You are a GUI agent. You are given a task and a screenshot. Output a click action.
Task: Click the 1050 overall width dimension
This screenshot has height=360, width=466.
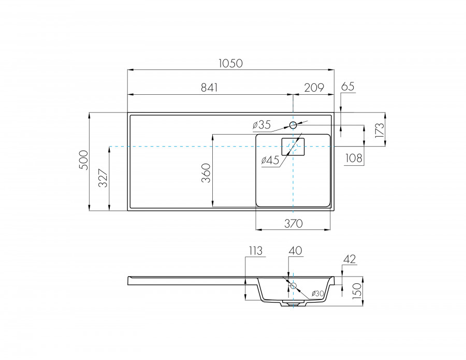pyautogui.click(x=230, y=63)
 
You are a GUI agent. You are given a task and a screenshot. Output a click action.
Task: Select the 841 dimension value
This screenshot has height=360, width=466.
pyautogui.click(x=210, y=88)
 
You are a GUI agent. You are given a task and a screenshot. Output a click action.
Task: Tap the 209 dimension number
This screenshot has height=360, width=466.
pyautogui.click(x=314, y=88)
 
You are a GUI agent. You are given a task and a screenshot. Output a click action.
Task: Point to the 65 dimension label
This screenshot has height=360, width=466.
pyautogui.click(x=348, y=87)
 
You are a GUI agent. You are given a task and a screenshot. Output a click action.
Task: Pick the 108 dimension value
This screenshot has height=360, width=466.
pyautogui.click(x=354, y=158)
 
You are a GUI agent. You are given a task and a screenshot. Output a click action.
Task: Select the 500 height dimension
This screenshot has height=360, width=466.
pyautogui.click(x=84, y=160)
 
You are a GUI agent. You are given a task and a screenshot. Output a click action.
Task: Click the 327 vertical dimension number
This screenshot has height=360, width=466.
pyautogui.click(x=103, y=178)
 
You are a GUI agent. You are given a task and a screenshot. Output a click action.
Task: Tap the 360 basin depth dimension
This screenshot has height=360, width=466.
pyautogui.click(x=206, y=173)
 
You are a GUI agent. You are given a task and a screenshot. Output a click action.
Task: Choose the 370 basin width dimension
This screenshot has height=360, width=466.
pyautogui.click(x=294, y=224)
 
